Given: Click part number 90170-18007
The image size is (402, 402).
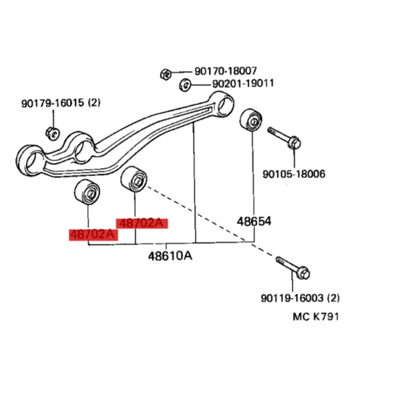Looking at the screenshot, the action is point(226,71).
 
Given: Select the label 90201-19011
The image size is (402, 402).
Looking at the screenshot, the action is point(243,83).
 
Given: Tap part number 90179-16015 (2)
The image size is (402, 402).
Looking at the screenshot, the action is point(61,103).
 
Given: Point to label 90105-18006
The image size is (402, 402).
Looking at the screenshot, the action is point(294,174).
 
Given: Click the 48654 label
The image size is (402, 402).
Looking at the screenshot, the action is point(254,221).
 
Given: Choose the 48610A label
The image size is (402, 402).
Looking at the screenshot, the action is point(170,256).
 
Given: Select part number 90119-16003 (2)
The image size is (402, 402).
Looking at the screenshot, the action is point(300,298).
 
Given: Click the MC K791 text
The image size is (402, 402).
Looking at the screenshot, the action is point(316,317).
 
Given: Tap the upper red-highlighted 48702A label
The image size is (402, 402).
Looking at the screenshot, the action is point(142,223).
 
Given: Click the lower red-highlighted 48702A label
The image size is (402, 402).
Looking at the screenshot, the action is point(93,235).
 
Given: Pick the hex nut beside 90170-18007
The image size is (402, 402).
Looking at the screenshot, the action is point(165,74).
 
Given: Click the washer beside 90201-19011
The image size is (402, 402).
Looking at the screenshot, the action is point(185,84).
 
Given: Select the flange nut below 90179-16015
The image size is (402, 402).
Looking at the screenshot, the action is point(52,133).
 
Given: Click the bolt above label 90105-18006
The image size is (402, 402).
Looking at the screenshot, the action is point(284,138).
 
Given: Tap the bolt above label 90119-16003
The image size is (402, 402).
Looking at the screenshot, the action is point(293,268).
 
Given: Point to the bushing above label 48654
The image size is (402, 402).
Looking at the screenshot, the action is point(251,120).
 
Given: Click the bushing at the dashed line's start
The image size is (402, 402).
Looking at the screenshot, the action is point(134,179).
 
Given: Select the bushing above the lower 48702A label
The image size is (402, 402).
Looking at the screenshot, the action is point(87,192).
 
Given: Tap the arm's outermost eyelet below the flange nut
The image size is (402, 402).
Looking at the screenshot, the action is point(30,161).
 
